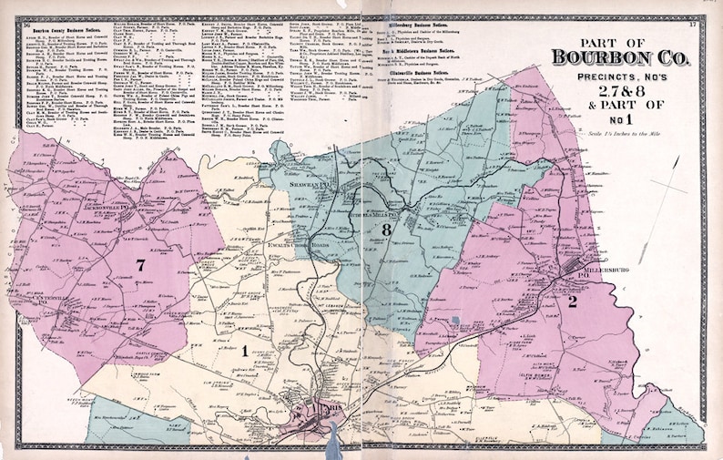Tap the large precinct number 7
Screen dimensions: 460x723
tap(140, 264)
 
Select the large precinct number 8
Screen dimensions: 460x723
tap(386, 230)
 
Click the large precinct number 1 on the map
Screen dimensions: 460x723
tap(243, 350)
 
